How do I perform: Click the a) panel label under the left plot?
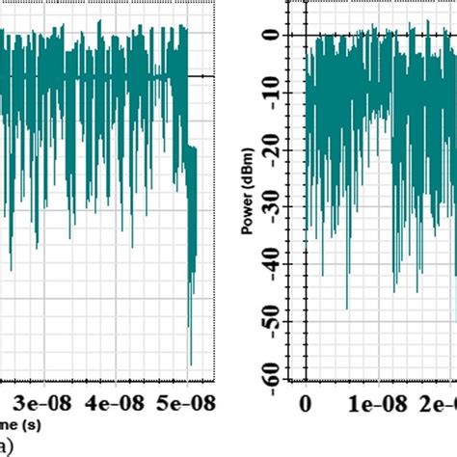click(x=8, y=444)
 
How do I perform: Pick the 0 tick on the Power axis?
click(x=273, y=36)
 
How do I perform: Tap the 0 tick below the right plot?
click(x=306, y=402)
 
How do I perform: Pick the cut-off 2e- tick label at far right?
click(x=439, y=402)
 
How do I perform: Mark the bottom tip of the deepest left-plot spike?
click(x=191, y=365)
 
